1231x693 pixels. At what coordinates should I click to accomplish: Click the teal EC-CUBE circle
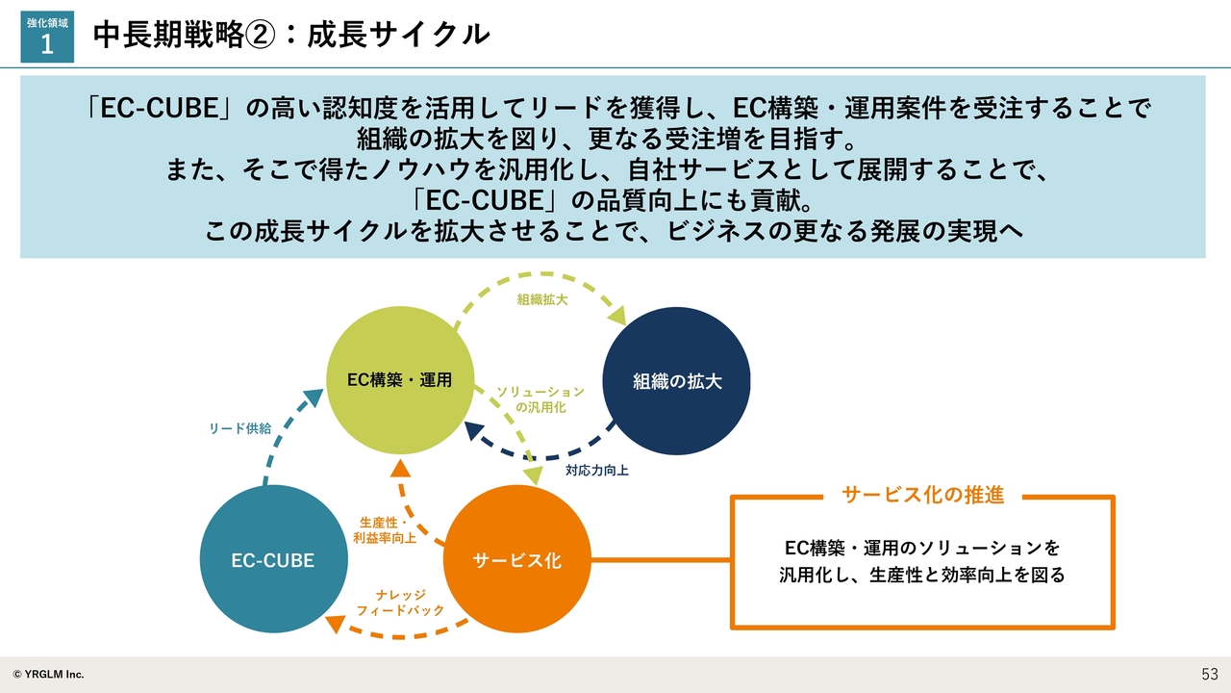click(x=272, y=559)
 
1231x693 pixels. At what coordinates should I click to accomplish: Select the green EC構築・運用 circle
click(x=399, y=379)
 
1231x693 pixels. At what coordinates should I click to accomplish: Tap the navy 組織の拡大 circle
click(x=676, y=381)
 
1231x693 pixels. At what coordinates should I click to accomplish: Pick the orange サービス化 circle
click(x=516, y=560)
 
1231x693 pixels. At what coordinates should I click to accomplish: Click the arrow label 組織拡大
click(x=542, y=299)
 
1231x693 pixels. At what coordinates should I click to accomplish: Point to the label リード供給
click(x=239, y=428)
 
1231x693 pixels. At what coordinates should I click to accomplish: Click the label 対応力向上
click(x=596, y=472)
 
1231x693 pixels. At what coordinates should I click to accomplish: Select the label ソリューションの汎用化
click(x=540, y=399)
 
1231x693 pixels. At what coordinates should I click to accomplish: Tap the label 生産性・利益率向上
click(x=385, y=529)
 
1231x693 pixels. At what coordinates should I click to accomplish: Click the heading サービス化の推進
click(x=922, y=495)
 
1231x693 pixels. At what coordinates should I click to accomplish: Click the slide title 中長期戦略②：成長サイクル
click(x=291, y=35)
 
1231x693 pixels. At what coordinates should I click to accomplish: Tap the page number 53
click(x=1209, y=674)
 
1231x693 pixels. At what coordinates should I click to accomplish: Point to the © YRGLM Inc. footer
click(x=48, y=674)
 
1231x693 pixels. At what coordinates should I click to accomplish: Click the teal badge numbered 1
click(x=47, y=38)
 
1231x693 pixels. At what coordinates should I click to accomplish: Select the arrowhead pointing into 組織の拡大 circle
click(x=616, y=315)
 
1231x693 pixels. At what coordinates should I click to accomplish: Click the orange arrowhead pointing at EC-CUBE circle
click(x=335, y=624)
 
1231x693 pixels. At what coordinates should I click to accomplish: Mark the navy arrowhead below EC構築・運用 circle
click(x=473, y=429)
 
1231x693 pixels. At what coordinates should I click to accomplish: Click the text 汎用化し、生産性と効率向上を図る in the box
click(x=922, y=576)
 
